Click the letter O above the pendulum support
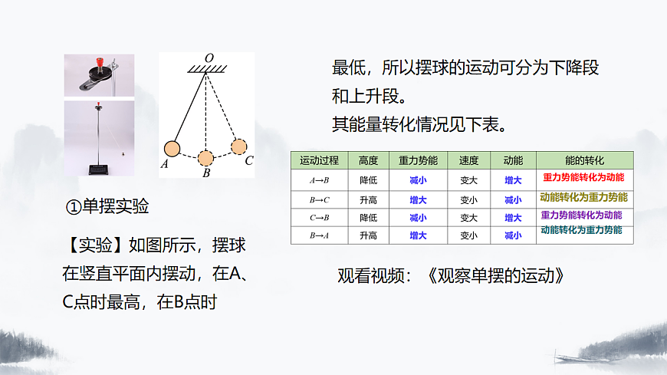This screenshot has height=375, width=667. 209,58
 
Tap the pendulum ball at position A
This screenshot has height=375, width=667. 172,150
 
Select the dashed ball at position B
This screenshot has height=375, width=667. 205,158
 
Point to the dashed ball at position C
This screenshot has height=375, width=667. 239,146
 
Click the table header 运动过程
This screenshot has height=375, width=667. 319,161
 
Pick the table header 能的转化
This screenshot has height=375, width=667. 584,161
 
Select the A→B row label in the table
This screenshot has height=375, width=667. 319,180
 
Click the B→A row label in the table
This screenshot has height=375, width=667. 319,235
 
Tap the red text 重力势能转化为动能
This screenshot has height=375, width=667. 583,178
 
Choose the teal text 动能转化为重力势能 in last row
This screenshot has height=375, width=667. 581,230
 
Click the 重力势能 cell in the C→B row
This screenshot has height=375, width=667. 418,218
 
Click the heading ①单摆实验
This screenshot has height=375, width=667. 107,206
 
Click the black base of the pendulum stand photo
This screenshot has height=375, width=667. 99,168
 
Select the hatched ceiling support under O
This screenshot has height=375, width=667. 209,71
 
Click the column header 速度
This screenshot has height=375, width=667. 468,161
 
